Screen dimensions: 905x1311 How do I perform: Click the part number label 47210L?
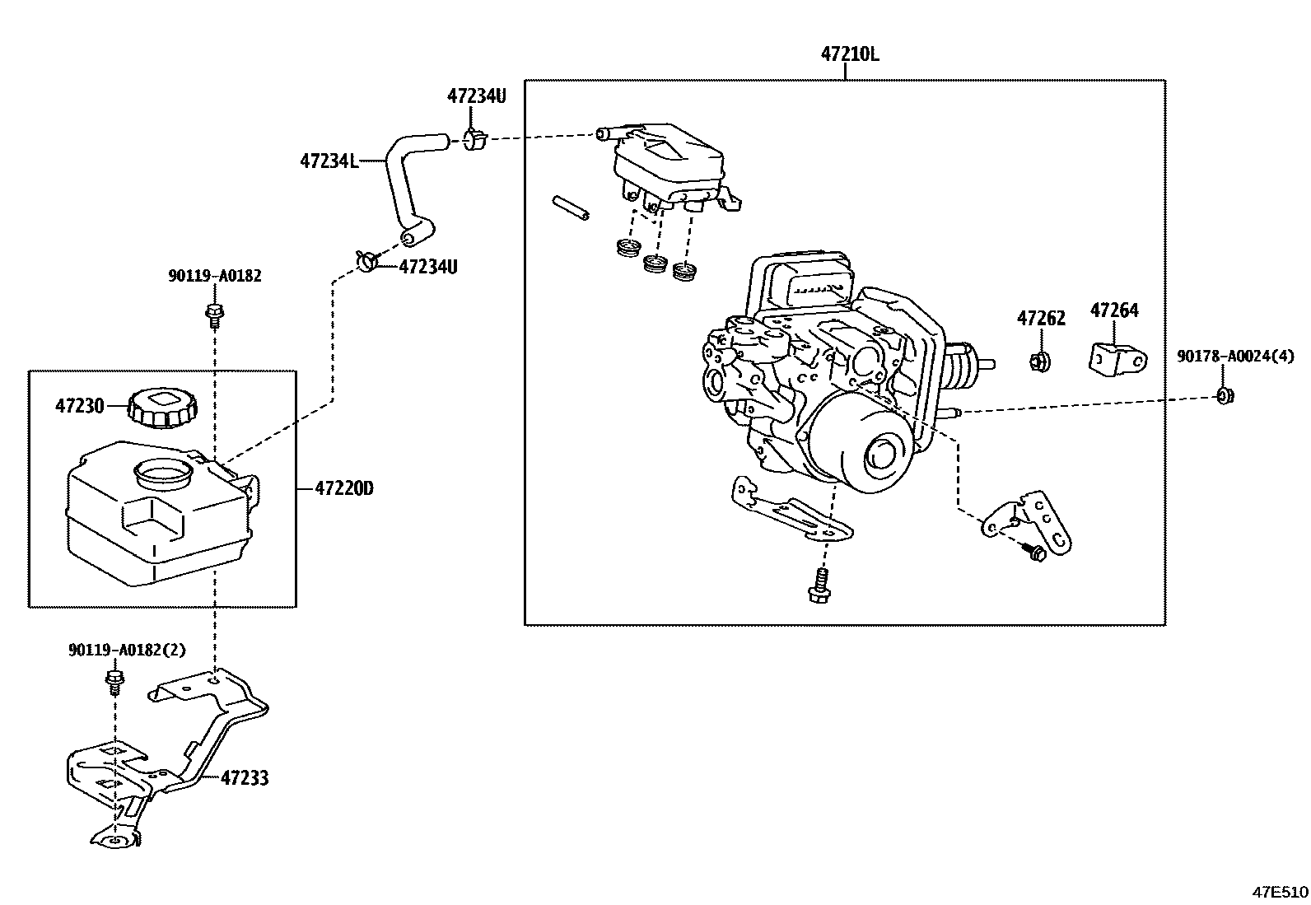coord(850,54)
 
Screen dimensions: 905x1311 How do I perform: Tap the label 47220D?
coord(344,488)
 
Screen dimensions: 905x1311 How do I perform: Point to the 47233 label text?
coord(245,777)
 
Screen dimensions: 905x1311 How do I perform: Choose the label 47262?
coord(1041,318)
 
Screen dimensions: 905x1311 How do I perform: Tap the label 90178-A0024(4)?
coord(1235,357)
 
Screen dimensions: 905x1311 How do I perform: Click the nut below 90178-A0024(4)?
coord(1225,397)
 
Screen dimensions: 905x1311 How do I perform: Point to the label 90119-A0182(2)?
coord(127,650)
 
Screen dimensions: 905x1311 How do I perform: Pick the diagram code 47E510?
coord(1280,892)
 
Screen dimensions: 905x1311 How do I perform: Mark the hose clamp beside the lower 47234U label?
coord(367,261)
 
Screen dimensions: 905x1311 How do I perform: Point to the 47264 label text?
coord(1114,310)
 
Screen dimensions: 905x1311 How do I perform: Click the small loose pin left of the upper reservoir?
coord(571,208)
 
